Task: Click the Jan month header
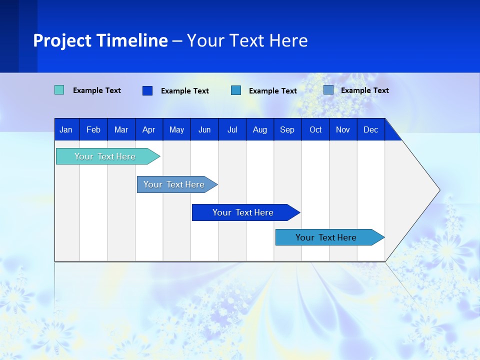(x=66, y=130)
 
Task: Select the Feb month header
(x=93, y=130)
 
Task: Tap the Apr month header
(x=148, y=130)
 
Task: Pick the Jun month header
(x=204, y=130)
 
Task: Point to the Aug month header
(x=260, y=130)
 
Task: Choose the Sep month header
(x=287, y=130)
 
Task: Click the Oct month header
(x=315, y=130)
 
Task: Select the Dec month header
(x=370, y=130)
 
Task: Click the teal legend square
(x=59, y=90)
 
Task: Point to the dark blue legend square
(x=147, y=90)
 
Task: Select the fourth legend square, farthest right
(x=328, y=90)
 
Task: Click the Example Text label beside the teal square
(x=97, y=90)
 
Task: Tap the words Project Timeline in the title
(x=100, y=40)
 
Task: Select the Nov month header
(x=343, y=130)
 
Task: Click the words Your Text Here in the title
(x=247, y=40)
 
